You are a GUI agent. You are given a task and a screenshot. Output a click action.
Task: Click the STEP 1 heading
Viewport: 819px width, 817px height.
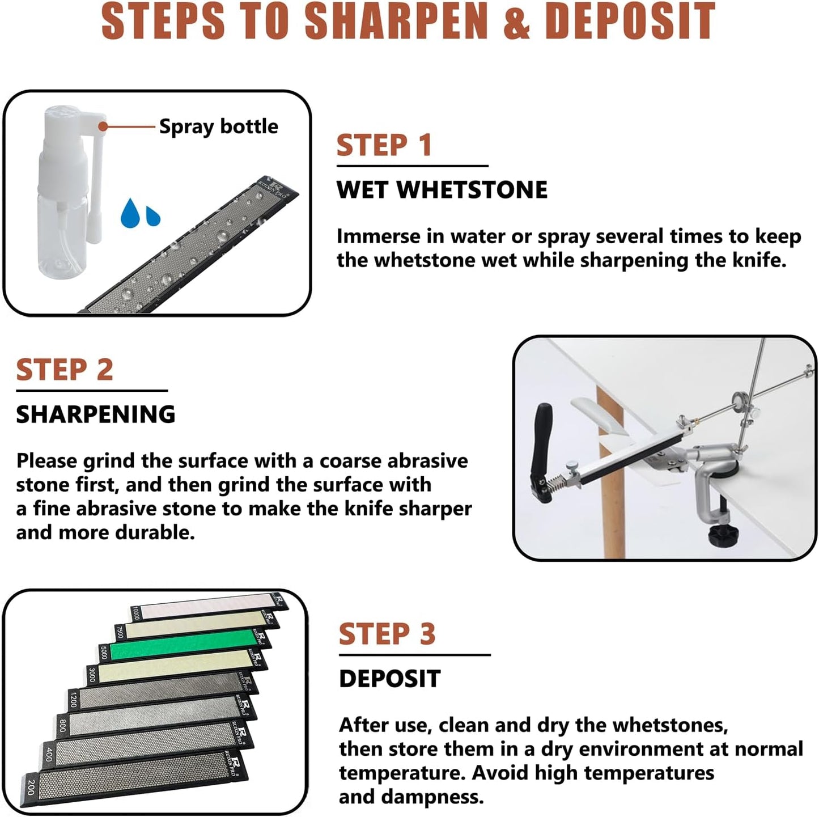pos(384,145)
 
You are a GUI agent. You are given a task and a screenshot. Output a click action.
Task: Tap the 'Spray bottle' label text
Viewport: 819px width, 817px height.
pos(218,126)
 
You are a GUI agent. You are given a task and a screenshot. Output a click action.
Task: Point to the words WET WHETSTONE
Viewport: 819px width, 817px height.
pos(442,190)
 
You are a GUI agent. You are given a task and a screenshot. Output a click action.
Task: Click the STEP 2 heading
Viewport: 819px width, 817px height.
pos(65,370)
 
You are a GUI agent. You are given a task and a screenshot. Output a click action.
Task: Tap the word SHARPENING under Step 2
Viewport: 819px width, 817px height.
pos(95,414)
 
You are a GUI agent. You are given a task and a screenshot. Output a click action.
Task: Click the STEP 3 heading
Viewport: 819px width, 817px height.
pos(387,634)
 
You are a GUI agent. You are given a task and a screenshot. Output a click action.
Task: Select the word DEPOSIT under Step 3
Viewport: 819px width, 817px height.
pos(389,679)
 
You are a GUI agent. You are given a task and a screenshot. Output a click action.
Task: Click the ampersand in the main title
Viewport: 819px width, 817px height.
pos(516,22)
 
